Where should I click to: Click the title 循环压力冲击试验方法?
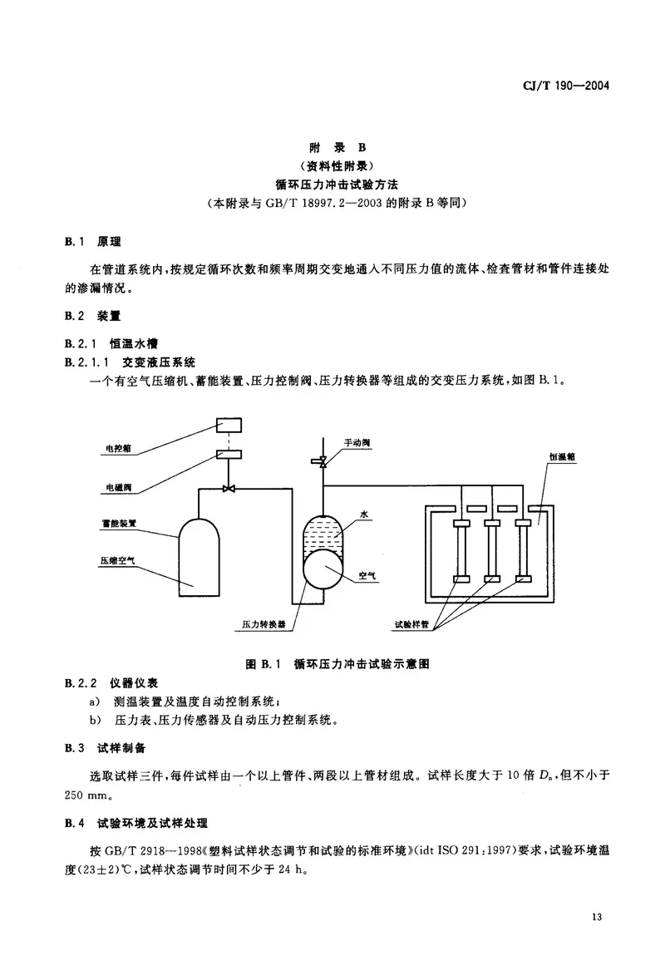tap(332, 184)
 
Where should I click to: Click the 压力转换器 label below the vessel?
tap(265, 623)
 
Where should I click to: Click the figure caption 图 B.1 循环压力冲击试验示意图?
tap(332, 663)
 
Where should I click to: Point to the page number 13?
tap(597, 917)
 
